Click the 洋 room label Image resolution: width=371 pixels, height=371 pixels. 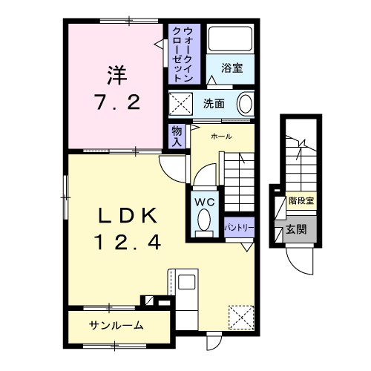pos(115,76)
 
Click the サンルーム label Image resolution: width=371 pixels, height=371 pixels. pos(116,326)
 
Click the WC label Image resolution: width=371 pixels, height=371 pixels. pos(205,200)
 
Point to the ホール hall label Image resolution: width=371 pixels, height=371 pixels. pos(220,137)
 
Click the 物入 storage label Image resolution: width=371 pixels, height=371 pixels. pos(177,136)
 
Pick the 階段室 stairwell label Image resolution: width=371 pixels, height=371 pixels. pos(301,200)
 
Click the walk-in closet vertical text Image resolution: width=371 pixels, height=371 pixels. pos(183,52)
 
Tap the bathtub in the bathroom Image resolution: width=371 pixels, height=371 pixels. pos(229,41)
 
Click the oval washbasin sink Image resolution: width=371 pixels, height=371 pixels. pos(245,103)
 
